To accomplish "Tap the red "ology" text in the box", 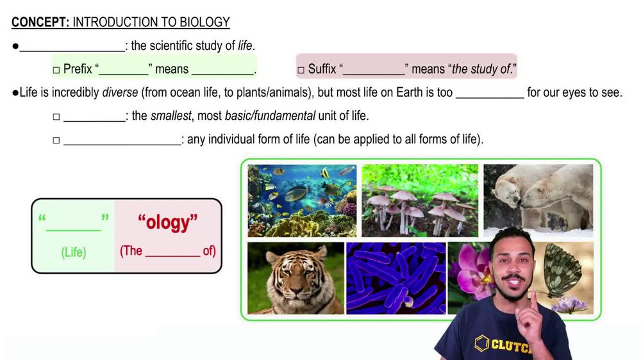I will (x=168, y=222).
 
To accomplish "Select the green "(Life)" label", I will (x=73, y=252).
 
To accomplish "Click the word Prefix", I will (x=78, y=69).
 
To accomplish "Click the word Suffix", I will (x=322, y=69).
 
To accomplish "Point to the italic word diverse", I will (x=120, y=92).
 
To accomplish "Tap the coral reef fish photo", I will (x=302, y=200).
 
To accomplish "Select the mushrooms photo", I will (x=420, y=200).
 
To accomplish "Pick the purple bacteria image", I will (x=395, y=278).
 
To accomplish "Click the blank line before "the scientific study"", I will (x=72, y=46).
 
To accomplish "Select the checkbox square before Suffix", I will (x=300, y=70).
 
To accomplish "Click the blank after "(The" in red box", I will (x=172, y=252).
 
